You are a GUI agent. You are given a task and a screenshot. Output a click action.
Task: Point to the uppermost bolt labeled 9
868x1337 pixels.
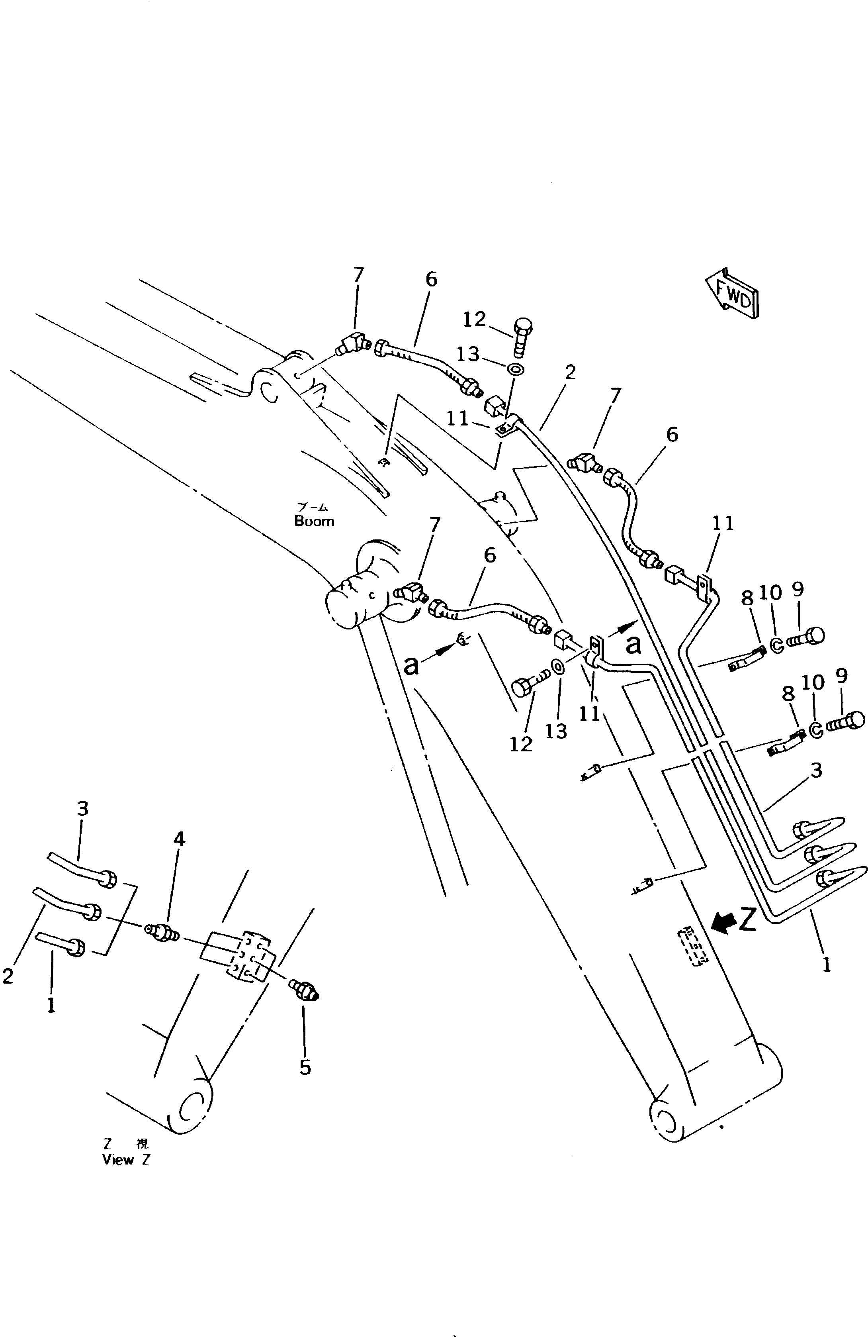point(807,637)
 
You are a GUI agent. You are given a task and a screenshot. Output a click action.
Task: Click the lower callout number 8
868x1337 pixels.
point(788,694)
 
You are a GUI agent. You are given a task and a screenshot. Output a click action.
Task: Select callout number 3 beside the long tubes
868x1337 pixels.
point(816,770)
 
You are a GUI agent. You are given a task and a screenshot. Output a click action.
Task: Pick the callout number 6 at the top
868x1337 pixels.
point(431,279)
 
